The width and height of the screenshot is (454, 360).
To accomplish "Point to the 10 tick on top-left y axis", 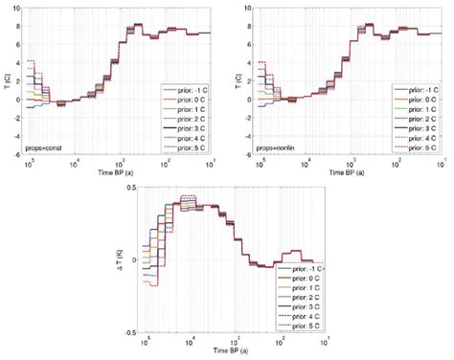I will tap(22, 9).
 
